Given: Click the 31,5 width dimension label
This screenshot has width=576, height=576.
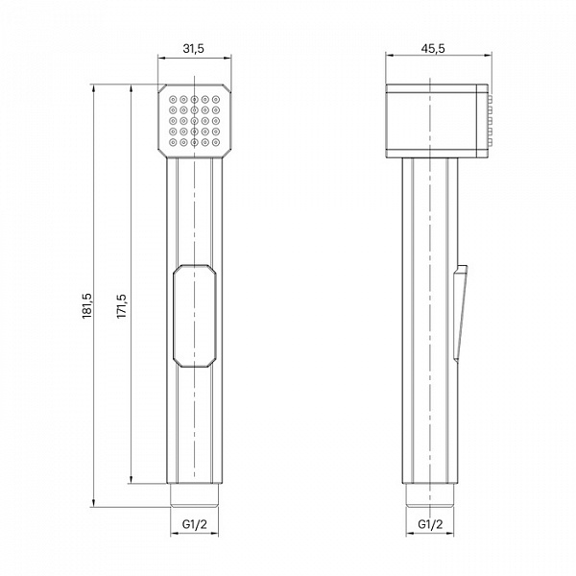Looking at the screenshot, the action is pyautogui.click(x=193, y=48).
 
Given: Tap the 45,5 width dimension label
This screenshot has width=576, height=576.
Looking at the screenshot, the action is pyautogui.click(x=433, y=48).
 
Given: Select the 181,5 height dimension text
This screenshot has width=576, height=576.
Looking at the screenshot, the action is pyautogui.click(x=87, y=306).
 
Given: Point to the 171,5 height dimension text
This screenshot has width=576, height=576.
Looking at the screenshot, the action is pyautogui.click(x=122, y=306).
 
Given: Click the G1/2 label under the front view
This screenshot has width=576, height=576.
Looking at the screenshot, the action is pyautogui.click(x=194, y=524).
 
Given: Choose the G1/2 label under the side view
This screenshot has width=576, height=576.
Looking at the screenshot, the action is pyautogui.click(x=430, y=524).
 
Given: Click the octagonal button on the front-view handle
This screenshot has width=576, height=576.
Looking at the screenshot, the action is pyautogui.click(x=194, y=316).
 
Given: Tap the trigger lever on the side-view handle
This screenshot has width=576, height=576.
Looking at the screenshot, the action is pyautogui.click(x=460, y=312).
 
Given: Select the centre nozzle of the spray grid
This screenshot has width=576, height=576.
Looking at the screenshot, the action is pyautogui.click(x=194, y=121).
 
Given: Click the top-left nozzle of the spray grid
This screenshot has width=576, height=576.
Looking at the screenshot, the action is pyautogui.click(x=173, y=99).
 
